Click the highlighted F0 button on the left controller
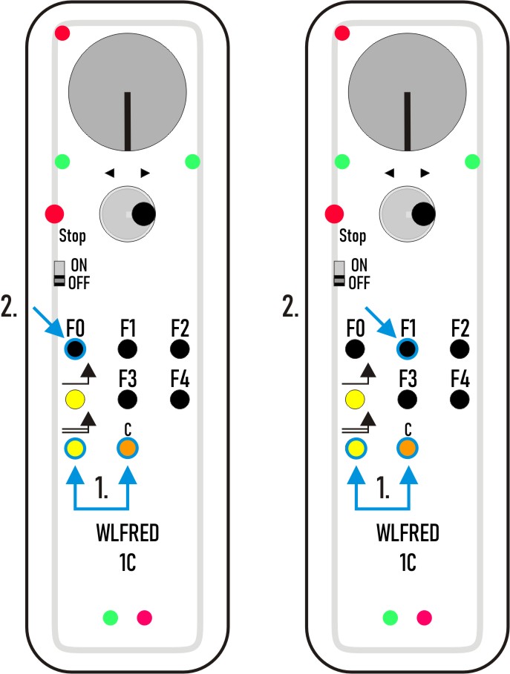(x=75, y=348)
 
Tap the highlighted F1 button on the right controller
(x=407, y=348)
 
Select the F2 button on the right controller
(x=460, y=348)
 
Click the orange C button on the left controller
(x=128, y=448)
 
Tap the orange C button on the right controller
(x=407, y=448)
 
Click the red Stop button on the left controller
(x=55, y=214)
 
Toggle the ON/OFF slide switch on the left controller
(x=59, y=273)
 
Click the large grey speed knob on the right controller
(x=407, y=93)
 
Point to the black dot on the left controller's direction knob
(x=144, y=214)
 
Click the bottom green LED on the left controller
(x=111, y=617)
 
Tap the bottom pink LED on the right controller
(x=425, y=617)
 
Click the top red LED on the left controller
(x=62, y=33)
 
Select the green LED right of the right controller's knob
(x=472, y=162)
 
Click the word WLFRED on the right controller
(x=408, y=532)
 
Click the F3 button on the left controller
(x=128, y=400)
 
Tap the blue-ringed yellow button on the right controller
(x=355, y=448)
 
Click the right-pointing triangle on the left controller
(x=145, y=173)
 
